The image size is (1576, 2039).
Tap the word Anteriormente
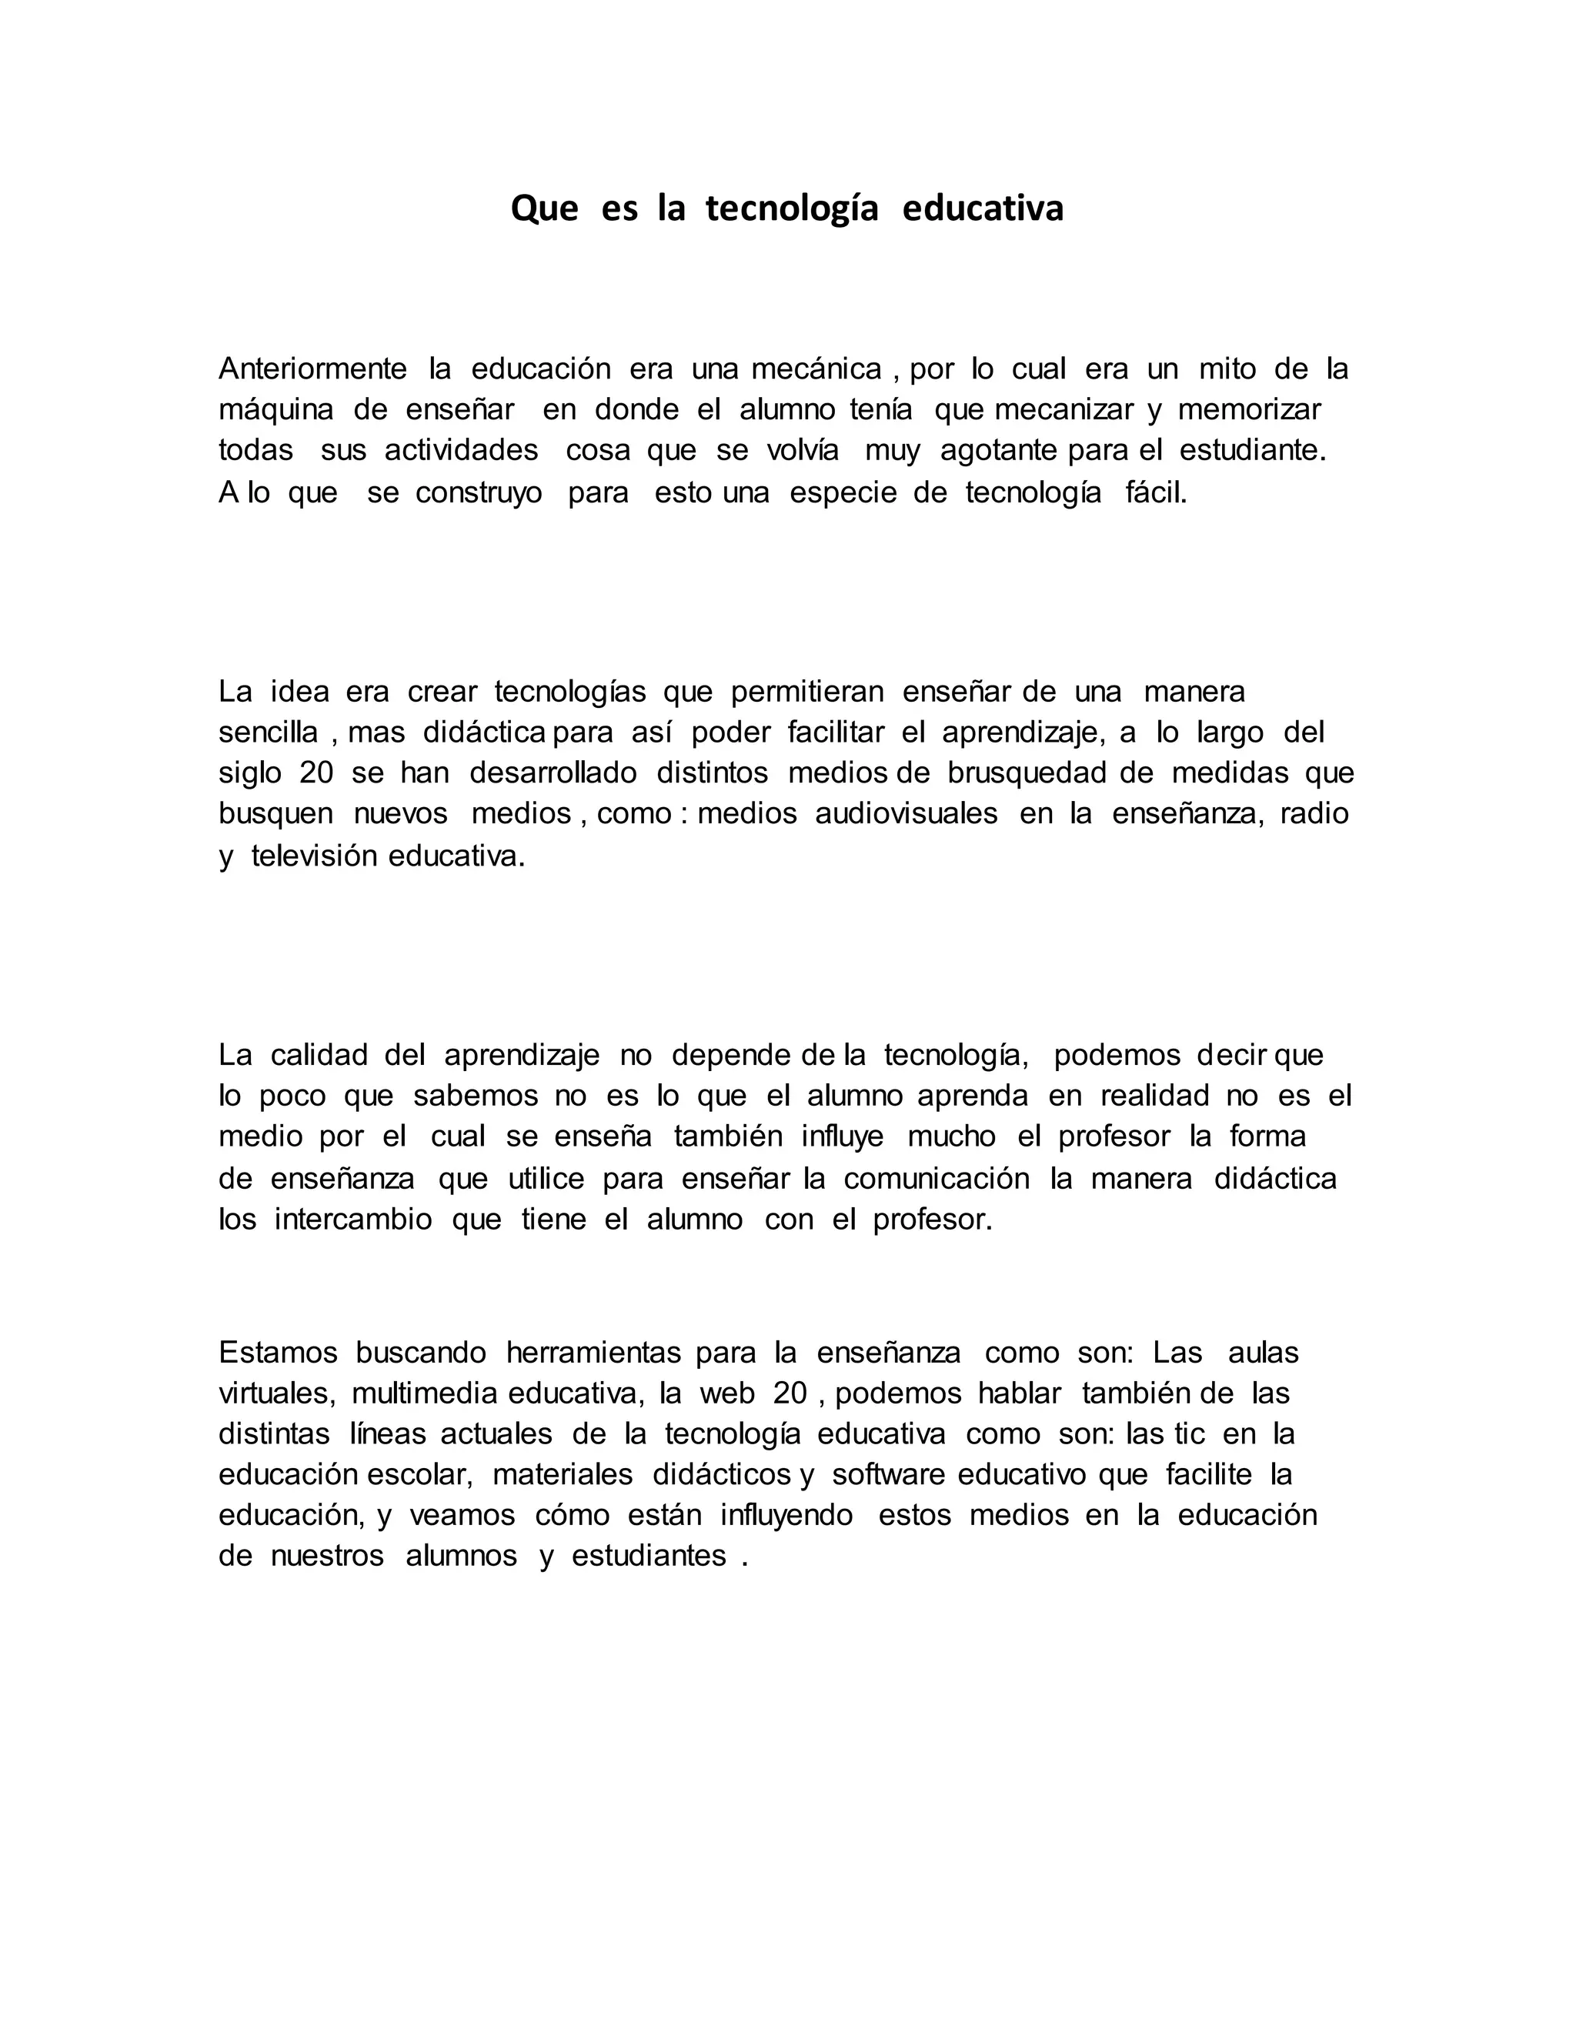312,369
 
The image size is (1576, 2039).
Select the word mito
1227,369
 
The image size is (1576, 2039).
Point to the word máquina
276,411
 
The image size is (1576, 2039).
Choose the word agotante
998,451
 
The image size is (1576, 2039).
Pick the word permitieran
806,692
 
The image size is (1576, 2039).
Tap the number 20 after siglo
316,774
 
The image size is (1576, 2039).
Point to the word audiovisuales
907,814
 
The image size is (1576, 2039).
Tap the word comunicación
937,1179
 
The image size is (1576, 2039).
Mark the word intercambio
353,1220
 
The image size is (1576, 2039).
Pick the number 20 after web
790,1394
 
